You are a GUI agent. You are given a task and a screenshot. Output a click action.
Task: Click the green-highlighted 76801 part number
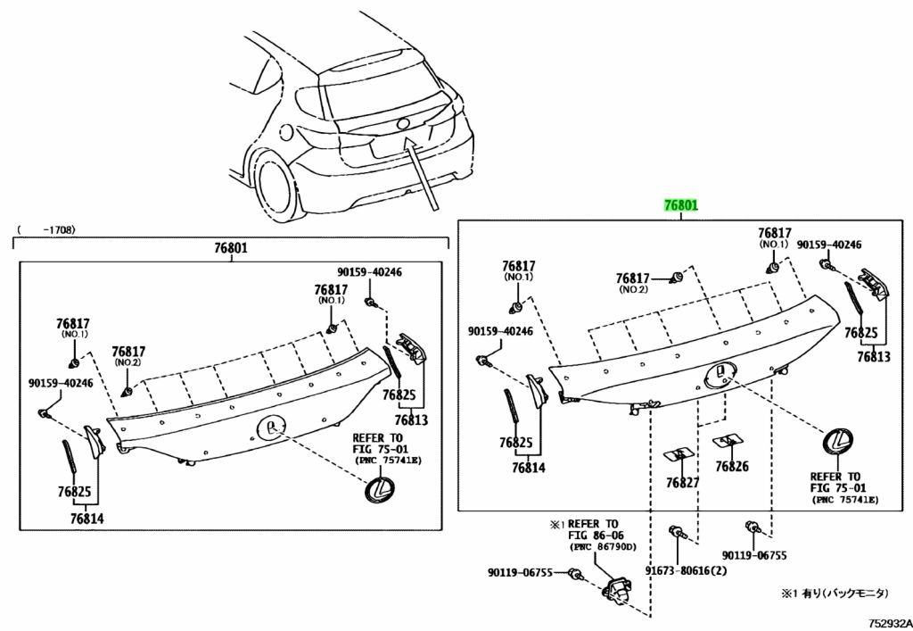[x=679, y=206]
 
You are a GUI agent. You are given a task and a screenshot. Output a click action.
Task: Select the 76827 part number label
[x=682, y=483]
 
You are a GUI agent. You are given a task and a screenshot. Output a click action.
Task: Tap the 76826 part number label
[x=732, y=466]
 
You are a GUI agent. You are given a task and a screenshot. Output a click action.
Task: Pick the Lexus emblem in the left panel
[x=377, y=489]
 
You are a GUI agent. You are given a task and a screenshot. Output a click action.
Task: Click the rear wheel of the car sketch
[x=273, y=182]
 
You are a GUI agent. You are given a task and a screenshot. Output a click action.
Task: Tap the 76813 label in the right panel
[x=874, y=356]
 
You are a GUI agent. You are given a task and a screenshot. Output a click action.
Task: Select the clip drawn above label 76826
[x=728, y=439]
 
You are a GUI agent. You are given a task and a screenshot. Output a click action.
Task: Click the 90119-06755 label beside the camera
[x=526, y=573]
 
